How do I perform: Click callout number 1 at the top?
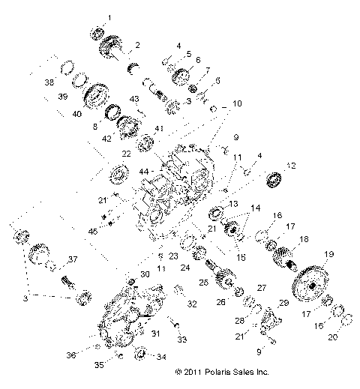tap(109, 16)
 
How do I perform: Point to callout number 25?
tap(203, 282)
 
